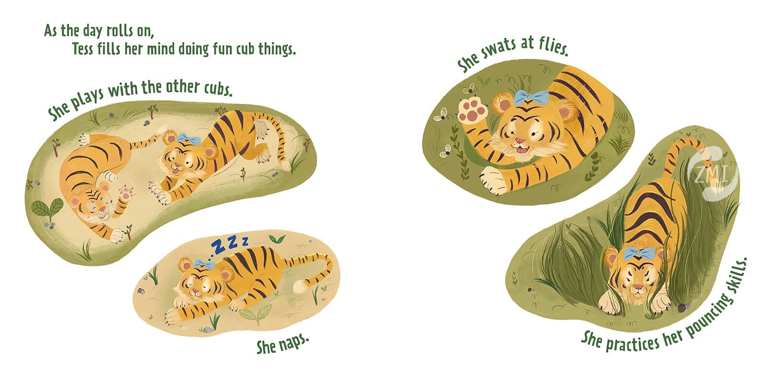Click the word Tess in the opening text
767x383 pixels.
pos(82,48)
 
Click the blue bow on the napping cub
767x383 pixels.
pos(204,264)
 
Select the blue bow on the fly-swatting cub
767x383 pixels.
pos(532,97)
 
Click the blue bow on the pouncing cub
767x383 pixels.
pos(639,254)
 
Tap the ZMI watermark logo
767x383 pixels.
pos(713,173)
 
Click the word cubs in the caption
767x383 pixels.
pos(219,89)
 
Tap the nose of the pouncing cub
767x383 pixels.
pos(637,287)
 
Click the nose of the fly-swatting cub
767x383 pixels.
pos(520,141)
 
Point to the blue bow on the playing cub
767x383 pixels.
pos(189,138)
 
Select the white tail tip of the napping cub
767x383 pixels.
pos(300,286)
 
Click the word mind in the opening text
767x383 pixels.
pos(160,48)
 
